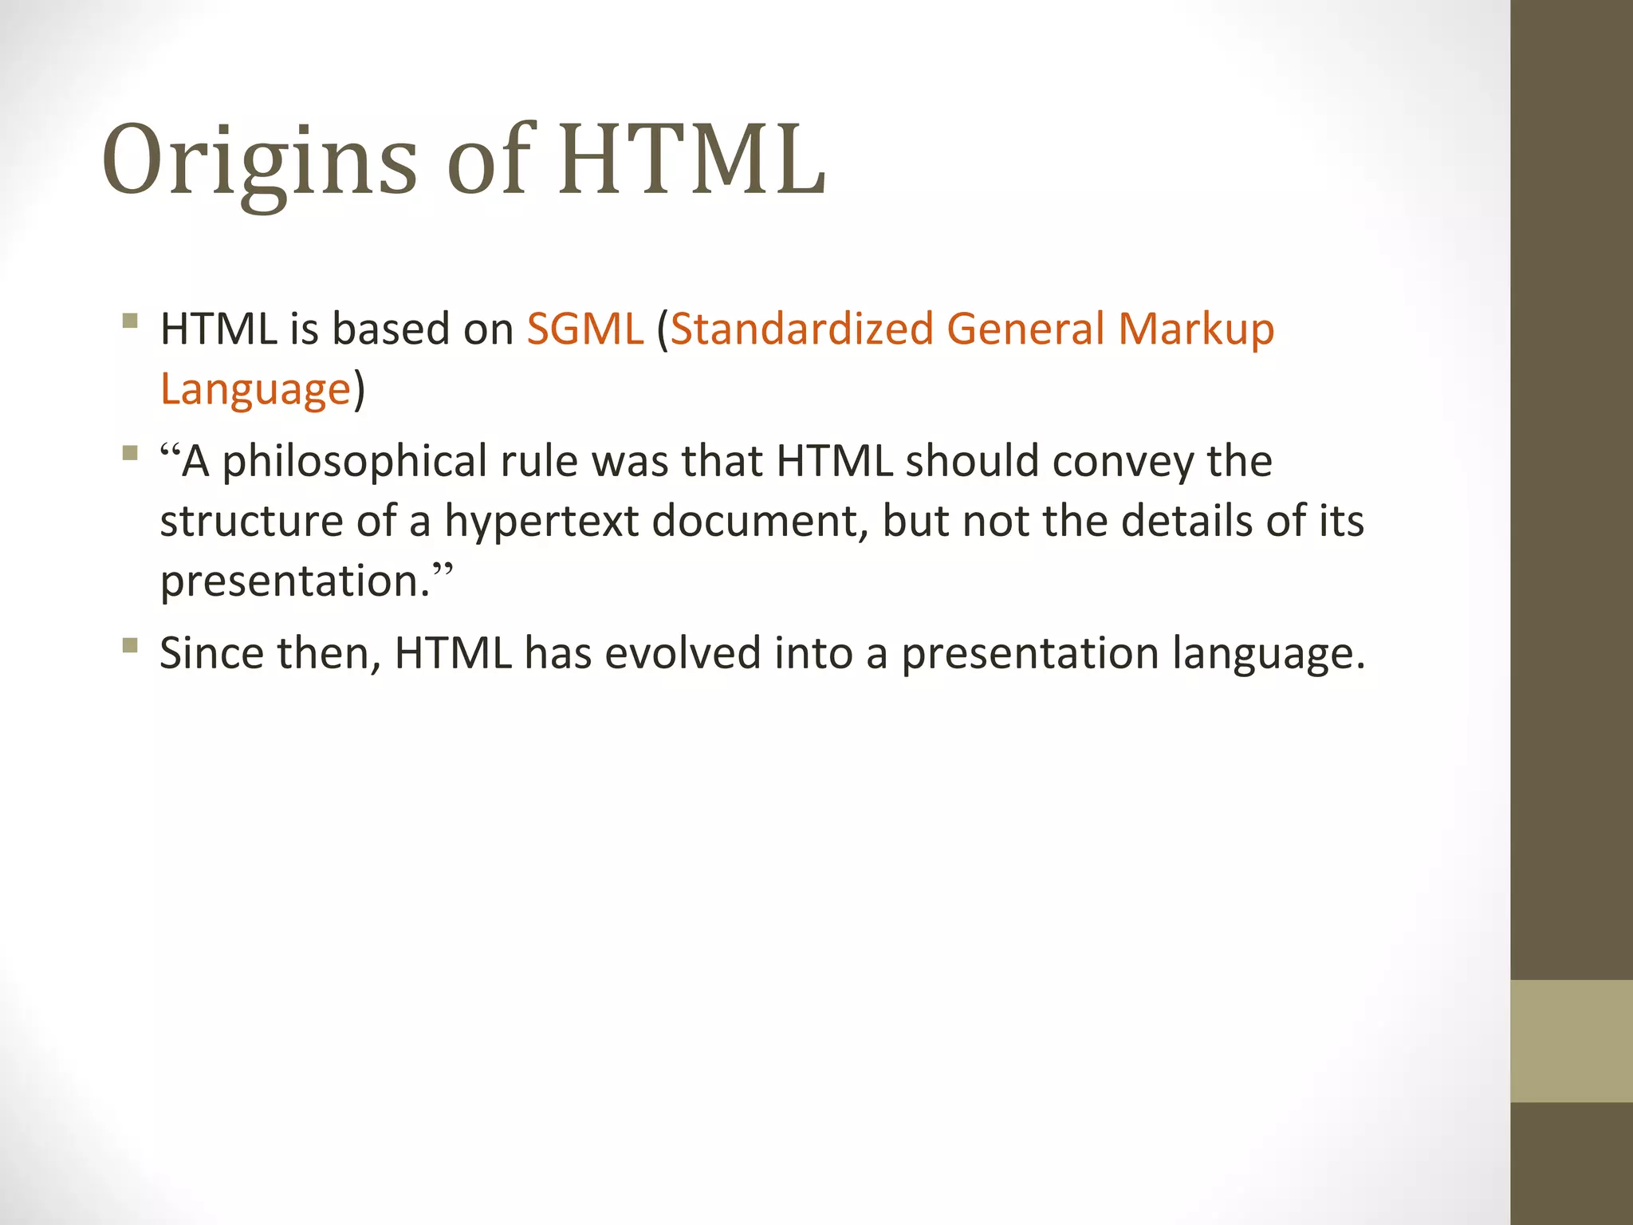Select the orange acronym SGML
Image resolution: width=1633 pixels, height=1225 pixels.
click(x=584, y=329)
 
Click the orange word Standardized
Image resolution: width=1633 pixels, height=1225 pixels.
click(x=801, y=329)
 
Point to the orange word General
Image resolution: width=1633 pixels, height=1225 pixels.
click(x=1025, y=329)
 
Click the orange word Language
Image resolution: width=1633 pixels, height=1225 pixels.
click(x=255, y=391)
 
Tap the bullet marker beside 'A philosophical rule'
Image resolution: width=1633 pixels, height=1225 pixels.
click(x=131, y=454)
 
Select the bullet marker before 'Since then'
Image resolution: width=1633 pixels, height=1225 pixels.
click(x=131, y=645)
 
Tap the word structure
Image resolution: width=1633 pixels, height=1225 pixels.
click(x=251, y=522)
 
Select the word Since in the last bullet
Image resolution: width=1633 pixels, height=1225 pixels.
click(x=211, y=653)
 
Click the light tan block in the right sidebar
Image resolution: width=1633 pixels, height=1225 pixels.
click(x=1572, y=1041)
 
